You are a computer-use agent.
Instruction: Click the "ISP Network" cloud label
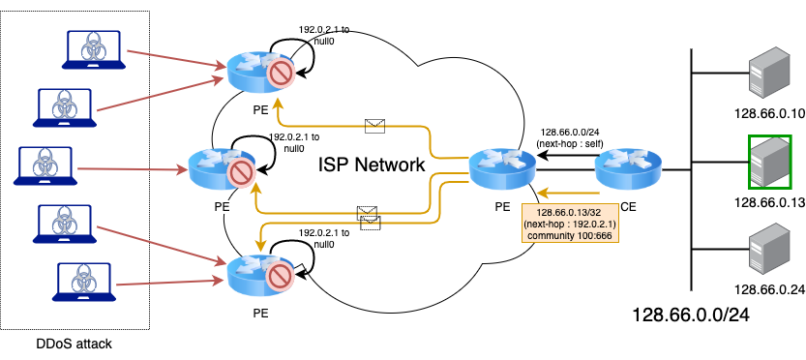[x=372, y=165]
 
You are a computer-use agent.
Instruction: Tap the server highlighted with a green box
[x=769, y=162]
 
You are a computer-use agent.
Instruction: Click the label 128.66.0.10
[x=769, y=113]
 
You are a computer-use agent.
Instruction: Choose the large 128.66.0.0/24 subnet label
[x=690, y=315]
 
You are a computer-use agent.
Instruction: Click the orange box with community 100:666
[x=570, y=224]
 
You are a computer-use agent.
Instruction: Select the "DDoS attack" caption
[x=74, y=343]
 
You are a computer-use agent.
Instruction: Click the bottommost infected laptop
[x=84, y=282]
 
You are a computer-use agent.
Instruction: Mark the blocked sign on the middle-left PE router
[x=242, y=173]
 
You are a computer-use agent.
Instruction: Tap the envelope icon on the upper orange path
[x=374, y=126]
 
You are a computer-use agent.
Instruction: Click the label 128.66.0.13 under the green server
[x=769, y=202]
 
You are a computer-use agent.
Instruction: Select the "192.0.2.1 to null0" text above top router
[x=324, y=35]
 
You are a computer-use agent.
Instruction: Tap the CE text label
[x=628, y=207]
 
